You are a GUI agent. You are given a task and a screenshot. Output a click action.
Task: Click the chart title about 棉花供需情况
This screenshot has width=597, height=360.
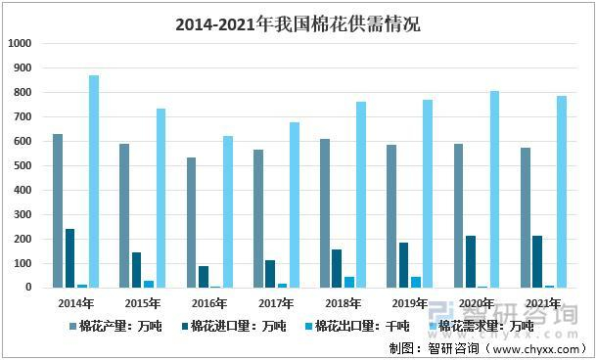coord(298,22)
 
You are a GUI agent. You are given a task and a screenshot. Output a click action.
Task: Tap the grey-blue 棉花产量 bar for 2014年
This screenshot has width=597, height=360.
coord(58,210)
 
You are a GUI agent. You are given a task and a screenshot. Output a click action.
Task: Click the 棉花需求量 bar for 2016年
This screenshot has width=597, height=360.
coord(228,211)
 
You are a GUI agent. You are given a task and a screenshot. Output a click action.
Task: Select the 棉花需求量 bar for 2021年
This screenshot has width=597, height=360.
coord(562,192)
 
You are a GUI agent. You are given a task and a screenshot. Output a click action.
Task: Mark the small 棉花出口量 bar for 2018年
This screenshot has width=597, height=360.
coord(349,282)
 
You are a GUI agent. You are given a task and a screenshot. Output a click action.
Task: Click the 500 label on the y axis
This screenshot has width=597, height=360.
coord(23,165)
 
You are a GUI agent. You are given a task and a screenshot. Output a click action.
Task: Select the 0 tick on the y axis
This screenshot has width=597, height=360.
coord(29,288)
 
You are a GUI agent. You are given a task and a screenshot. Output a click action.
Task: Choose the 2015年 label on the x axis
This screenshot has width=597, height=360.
coord(143,304)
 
